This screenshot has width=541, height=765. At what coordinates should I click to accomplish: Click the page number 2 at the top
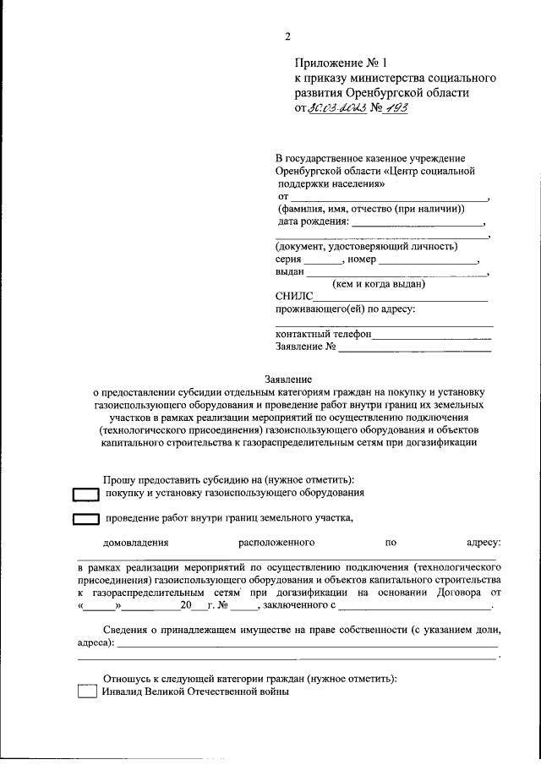click(x=287, y=36)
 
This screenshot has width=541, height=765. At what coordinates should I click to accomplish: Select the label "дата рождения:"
click(x=313, y=222)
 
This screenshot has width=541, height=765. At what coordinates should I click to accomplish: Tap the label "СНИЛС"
click(x=294, y=297)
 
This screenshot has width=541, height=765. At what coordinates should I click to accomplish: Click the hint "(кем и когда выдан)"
click(x=380, y=285)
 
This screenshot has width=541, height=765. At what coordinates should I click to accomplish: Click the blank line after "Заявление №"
click(x=415, y=347)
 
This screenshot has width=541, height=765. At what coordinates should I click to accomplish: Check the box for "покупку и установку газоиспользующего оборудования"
click(x=85, y=494)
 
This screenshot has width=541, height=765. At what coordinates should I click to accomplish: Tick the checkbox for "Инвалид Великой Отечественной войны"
click(x=87, y=691)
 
